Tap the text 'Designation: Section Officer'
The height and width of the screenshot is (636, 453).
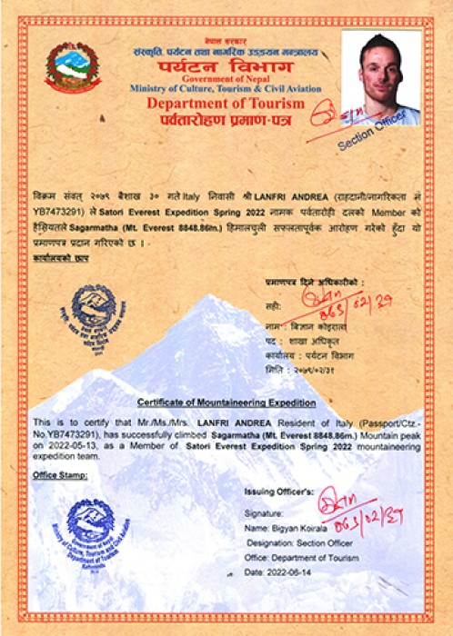302,541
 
